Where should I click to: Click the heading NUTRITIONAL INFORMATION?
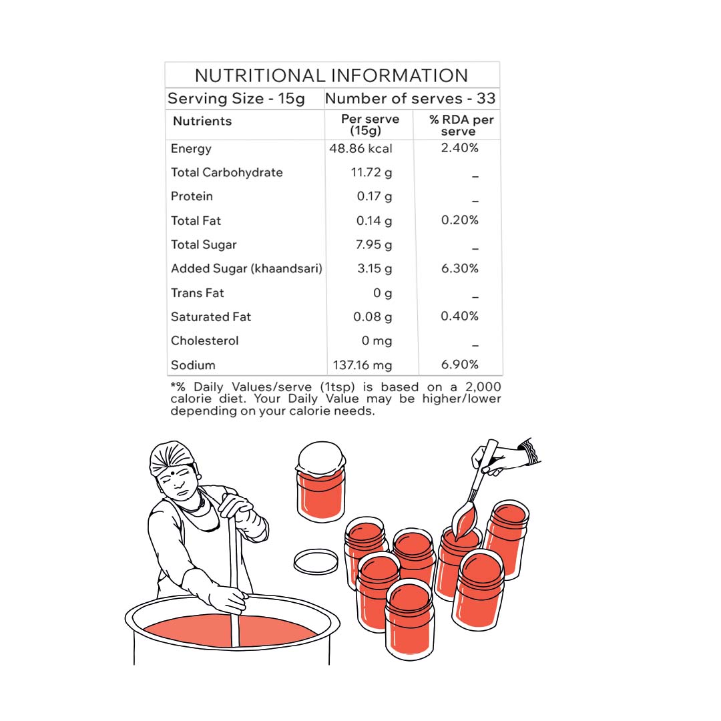pyautogui.click(x=332, y=75)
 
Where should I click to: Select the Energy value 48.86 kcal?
pyautogui.click(x=360, y=148)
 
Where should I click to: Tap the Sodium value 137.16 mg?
pyautogui.click(x=363, y=365)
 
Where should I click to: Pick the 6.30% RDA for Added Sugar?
pyautogui.click(x=460, y=268)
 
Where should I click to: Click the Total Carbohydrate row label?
pyautogui.click(x=227, y=172)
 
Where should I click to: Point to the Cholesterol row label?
pyautogui.click(x=205, y=340)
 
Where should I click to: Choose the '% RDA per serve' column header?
pyautogui.click(x=461, y=126)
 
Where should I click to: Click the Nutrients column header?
pyautogui.click(x=202, y=121)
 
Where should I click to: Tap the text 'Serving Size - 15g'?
pyautogui.click(x=236, y=98)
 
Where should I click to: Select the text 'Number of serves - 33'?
pyautogui.click(x=410, y=98)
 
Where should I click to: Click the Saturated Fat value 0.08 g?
pyautogui.click(x=373, y=317)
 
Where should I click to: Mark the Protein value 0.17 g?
pyautogui.click(x=375, y=196)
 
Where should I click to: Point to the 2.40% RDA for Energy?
pyautogui.click(x=460, y=148)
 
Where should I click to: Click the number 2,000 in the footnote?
pyautogui.click(x=483, y=387)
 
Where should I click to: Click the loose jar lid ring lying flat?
pyautogui.click(x=316, y=561)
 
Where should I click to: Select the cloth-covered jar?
pyautogui.click(x=321, y=481)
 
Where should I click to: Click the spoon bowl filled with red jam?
pyautogui.click(x=464, y=521)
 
